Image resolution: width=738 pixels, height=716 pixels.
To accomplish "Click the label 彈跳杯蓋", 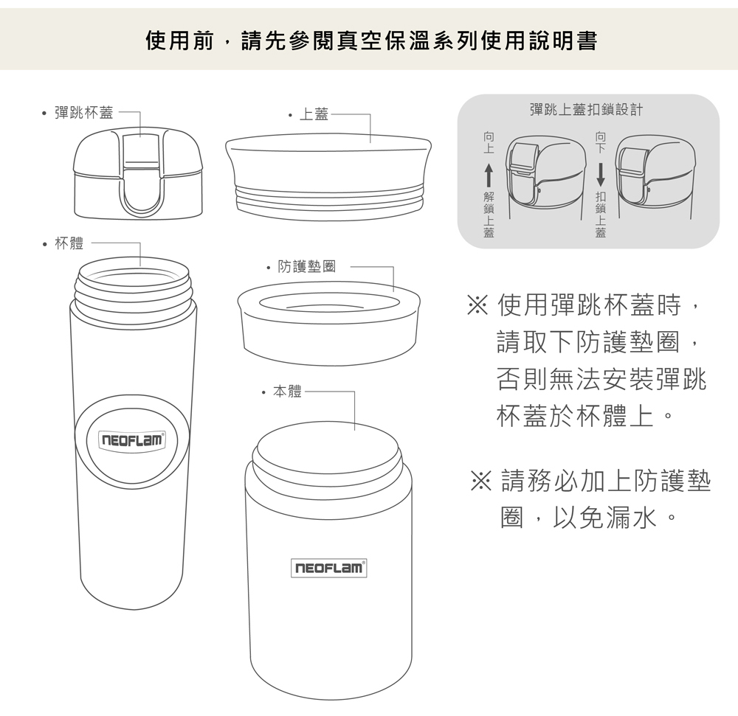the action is coord(84,113).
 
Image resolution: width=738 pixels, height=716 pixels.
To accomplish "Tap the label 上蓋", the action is coord(314,114).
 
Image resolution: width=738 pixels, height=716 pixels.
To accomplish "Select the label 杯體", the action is coord(69,243).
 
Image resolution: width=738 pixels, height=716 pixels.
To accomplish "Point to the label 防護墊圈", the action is coord(307,266).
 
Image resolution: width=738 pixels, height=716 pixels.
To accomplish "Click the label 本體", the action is coord(287,391).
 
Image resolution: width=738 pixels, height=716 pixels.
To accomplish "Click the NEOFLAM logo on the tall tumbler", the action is coord(132,440).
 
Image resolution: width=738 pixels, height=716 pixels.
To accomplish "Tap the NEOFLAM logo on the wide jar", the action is coord(328,568).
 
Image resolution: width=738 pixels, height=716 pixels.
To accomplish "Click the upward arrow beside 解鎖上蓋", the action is coord(489,175).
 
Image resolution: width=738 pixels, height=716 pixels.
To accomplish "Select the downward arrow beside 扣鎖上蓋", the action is coord(601,175).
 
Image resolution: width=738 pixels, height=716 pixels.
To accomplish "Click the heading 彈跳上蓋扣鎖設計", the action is coord(586,110).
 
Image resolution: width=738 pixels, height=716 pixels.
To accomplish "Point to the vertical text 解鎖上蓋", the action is coord(489,215).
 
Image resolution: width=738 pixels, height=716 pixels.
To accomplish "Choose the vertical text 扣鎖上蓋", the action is coord(601,215).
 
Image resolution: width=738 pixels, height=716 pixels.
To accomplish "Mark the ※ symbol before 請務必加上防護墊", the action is coord(481,482).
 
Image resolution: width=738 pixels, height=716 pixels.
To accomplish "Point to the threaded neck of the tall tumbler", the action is coord(134,286).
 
